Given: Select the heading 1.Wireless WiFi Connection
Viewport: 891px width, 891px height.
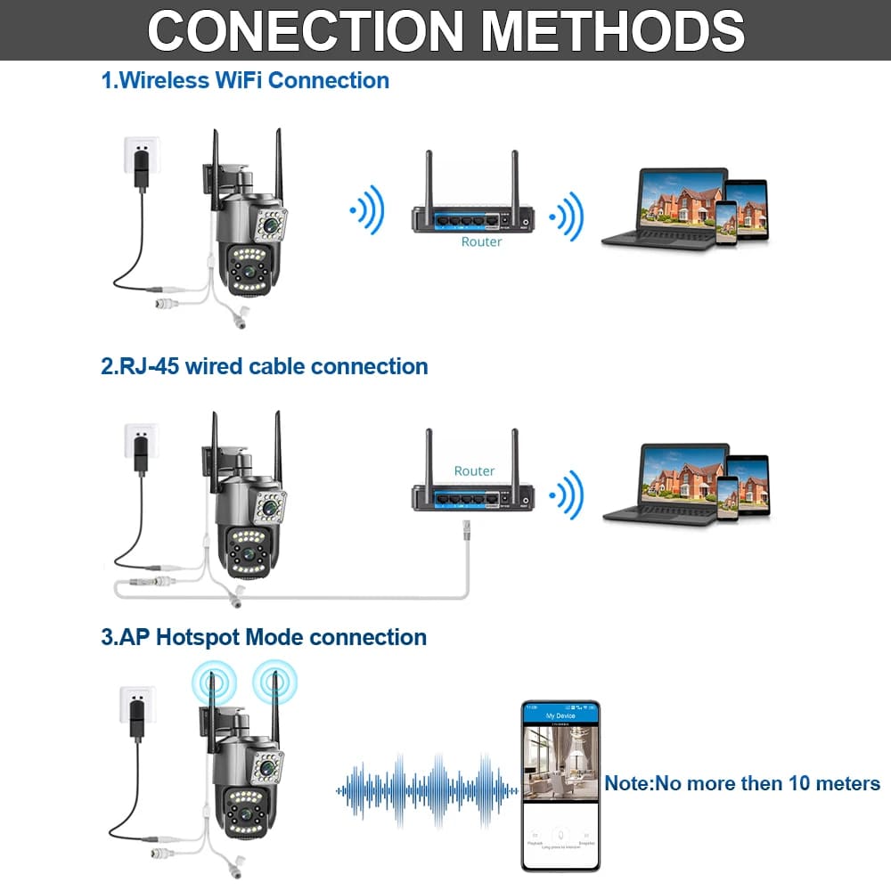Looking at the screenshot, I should (x=245, y=80).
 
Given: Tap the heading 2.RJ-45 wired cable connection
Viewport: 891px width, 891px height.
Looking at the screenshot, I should (x=265, y=366).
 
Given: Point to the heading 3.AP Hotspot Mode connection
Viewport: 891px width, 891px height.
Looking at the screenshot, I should (x=264, y=637).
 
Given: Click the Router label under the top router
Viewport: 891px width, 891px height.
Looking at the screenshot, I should (x=481, y=241).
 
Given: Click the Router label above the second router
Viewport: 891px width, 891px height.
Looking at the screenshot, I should (x=474, y=470).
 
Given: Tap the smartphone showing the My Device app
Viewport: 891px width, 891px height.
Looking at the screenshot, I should (x=560, y=785).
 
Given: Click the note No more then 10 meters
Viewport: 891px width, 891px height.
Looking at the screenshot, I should (x=742, y=783).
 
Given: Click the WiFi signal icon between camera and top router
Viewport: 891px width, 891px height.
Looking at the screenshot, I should (x=368, y=212).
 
